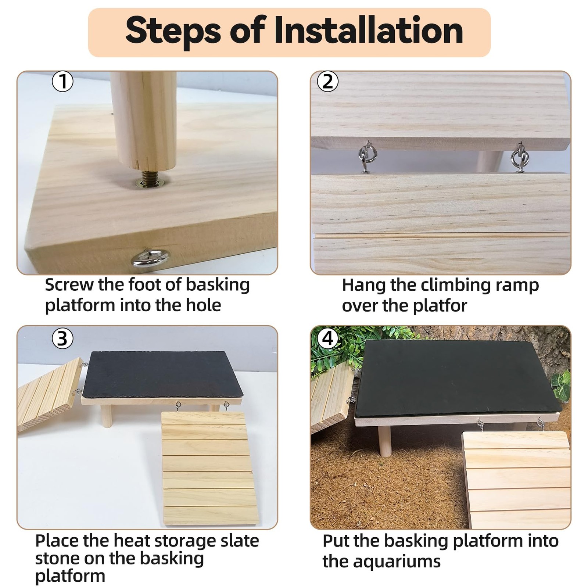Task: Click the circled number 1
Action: click(x=62, y=81)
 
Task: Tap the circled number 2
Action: click(x=327, y=82)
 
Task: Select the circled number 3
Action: click(x=62, y=338)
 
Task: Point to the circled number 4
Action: click(x=327, y=338)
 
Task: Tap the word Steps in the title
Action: click(x=173, y=31)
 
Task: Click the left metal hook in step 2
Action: click(x=366, y=157)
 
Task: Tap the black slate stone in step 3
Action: click(x=162, y=374)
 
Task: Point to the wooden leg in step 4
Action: click(x=385, y=441)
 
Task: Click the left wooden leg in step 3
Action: click(x=107, y=416)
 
